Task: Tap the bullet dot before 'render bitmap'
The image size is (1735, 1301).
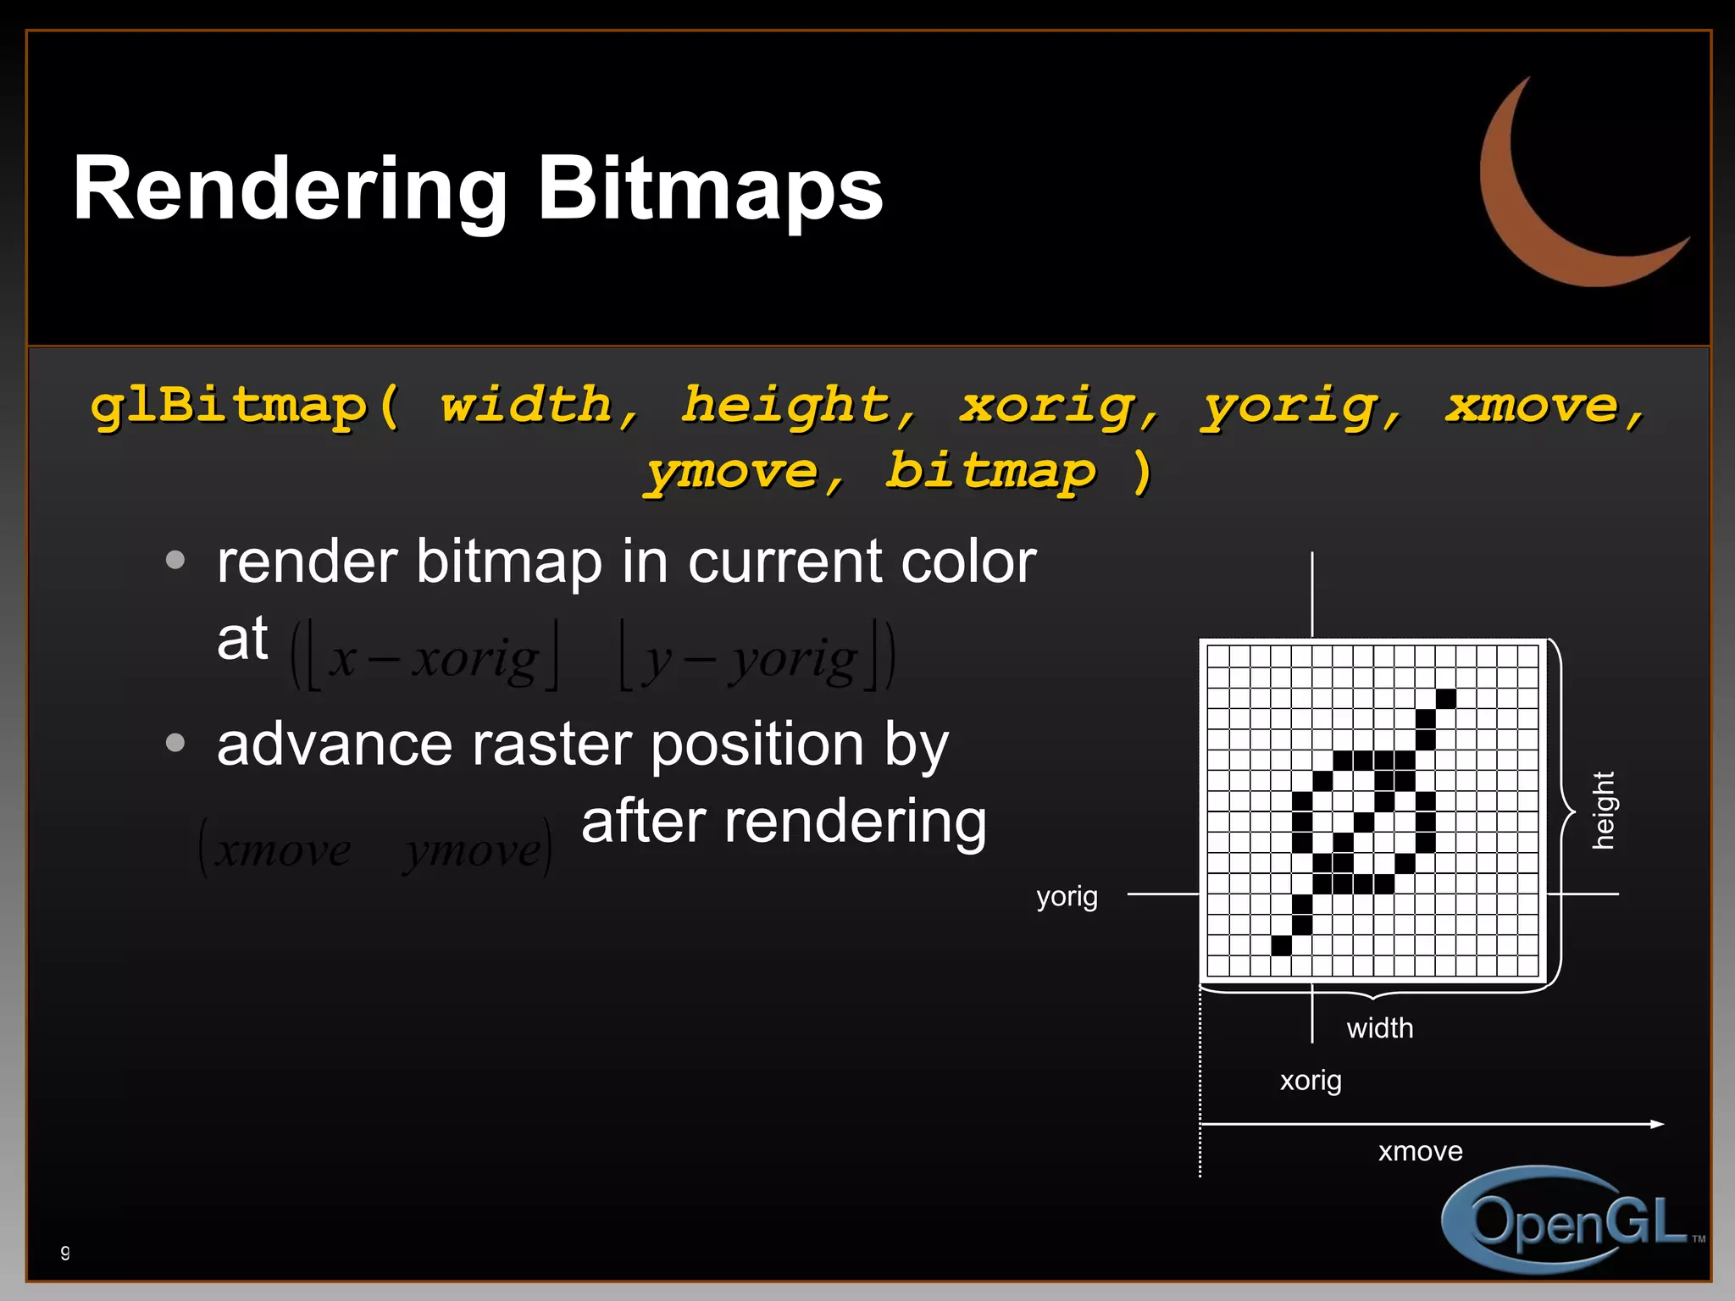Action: [175, 560]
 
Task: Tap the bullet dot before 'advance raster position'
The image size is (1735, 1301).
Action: [175, 743]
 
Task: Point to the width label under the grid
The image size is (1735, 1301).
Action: [1380, 1028]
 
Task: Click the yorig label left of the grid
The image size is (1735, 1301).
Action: [1067, 896]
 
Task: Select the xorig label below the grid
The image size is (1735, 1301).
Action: [1311, 1081]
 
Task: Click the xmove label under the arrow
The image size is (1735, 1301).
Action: [1420, 1151]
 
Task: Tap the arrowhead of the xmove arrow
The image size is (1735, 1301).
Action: [1657, 1124]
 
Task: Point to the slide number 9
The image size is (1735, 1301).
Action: [65, 1252]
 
